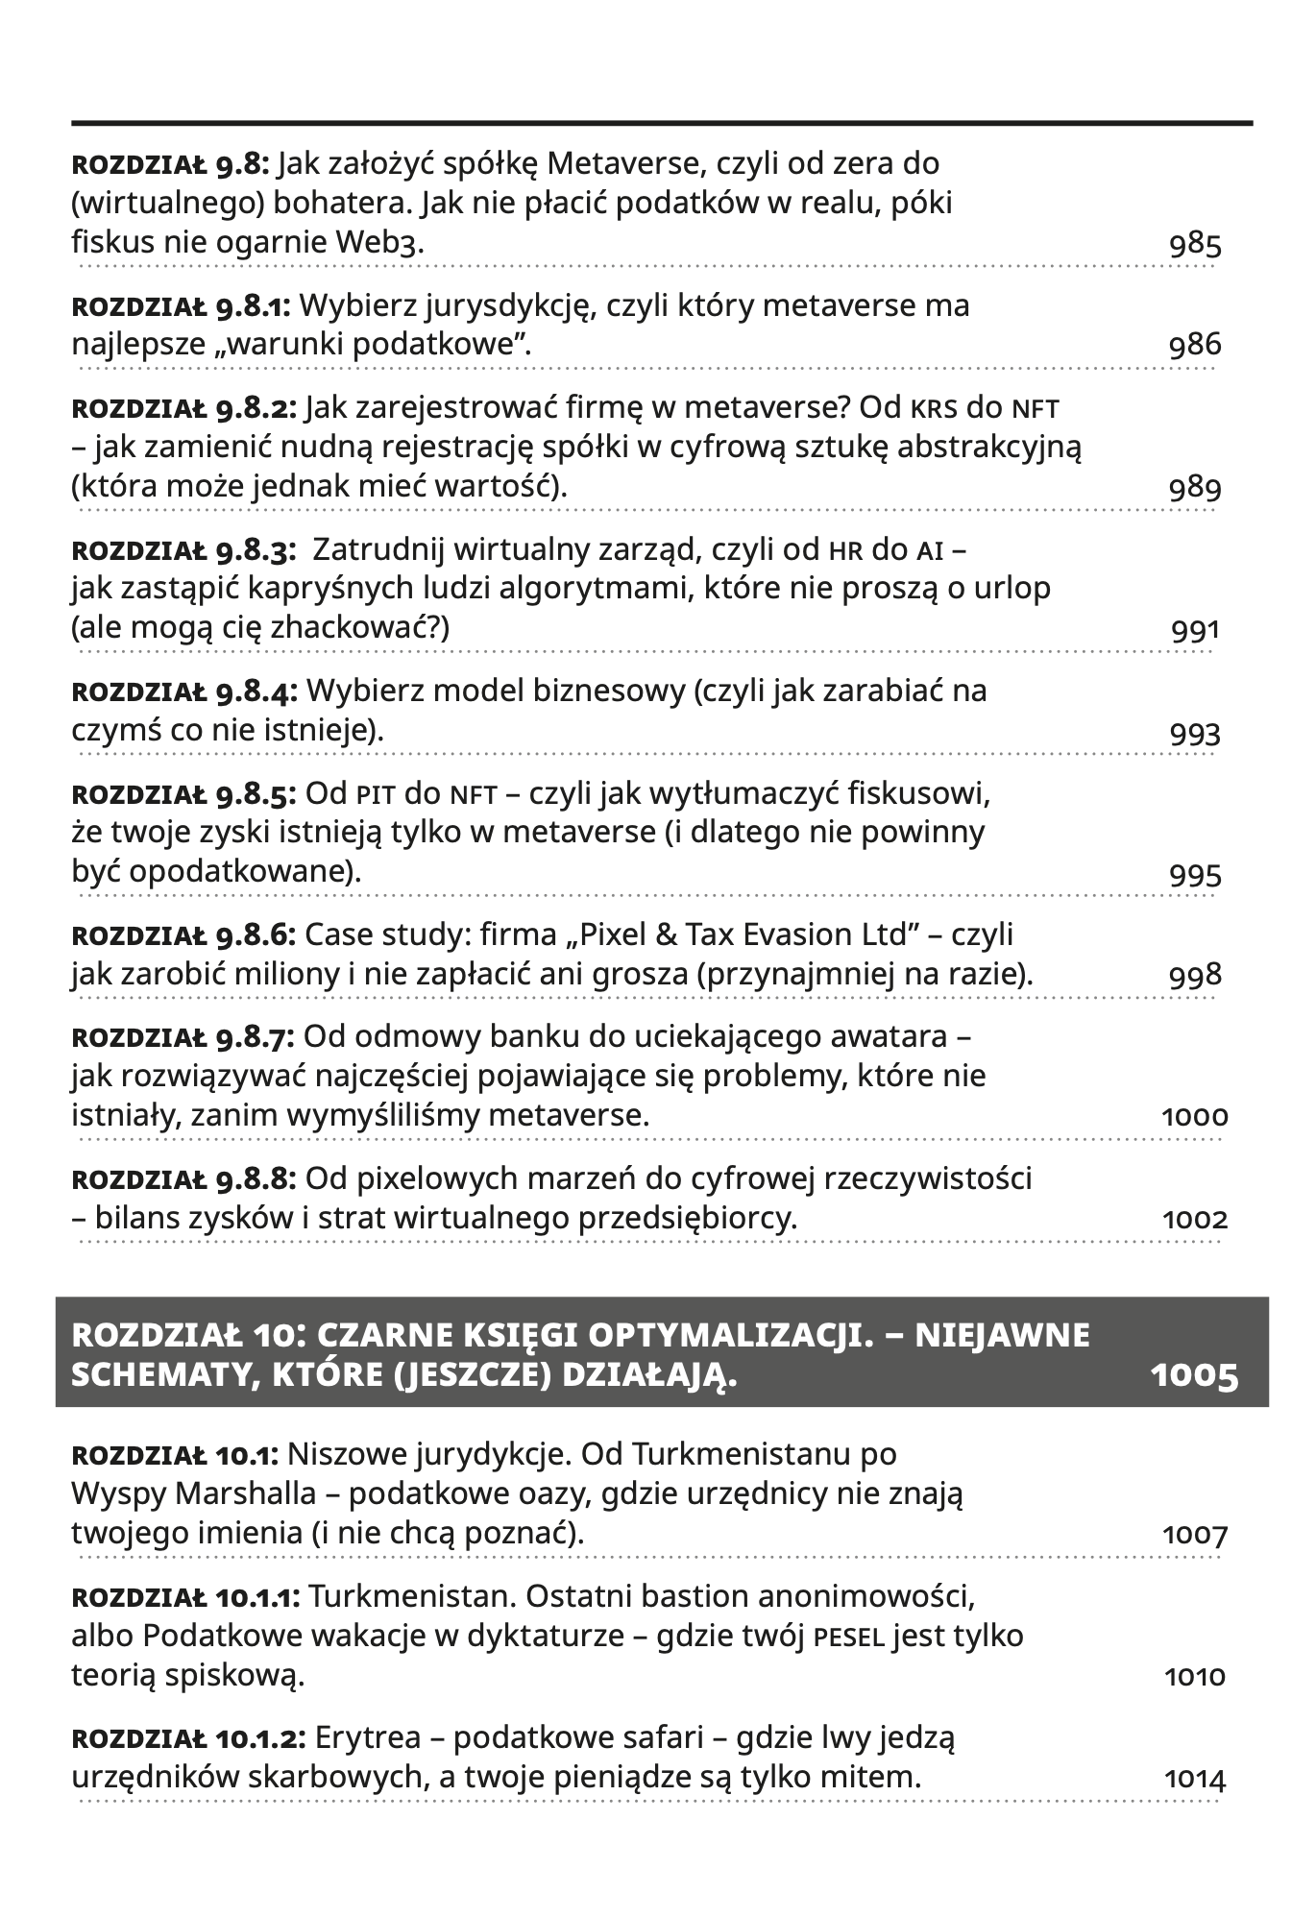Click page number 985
[1195, 245]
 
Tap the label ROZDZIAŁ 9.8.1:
[182, 306]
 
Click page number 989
[1195, 489]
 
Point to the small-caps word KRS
[934, 409]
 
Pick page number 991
[1195, 631]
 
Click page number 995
[1195, 875]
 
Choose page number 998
[1195, 976]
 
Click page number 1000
[1195, 1117]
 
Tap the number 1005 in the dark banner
[1194, 1376]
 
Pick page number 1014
[1195, 1780]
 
